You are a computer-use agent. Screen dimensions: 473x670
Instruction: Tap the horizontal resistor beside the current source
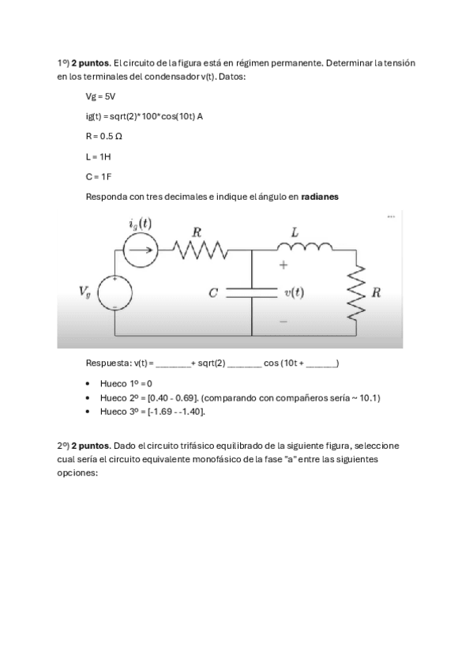(201, 251)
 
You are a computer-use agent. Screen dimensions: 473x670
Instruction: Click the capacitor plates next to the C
(251, 292)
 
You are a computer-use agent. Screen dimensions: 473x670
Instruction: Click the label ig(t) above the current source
(140, 224)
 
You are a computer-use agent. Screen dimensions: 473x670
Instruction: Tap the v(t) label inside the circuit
(293, 292)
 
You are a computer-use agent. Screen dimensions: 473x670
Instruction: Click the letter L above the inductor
(295, 232)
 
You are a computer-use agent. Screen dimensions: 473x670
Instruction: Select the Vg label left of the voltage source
(85, 292)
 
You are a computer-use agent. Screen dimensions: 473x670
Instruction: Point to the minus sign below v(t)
(283, 322)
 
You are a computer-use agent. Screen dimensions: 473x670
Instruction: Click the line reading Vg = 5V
(100, 96)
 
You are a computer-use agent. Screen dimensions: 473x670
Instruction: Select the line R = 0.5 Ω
(103, 136)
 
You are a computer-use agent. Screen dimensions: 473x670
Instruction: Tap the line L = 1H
(98, 156)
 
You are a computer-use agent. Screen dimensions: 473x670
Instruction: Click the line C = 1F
(98, 176)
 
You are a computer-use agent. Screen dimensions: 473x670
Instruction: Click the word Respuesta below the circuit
(106, 363)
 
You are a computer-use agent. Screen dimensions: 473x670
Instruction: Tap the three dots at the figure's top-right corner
(391, 216)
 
